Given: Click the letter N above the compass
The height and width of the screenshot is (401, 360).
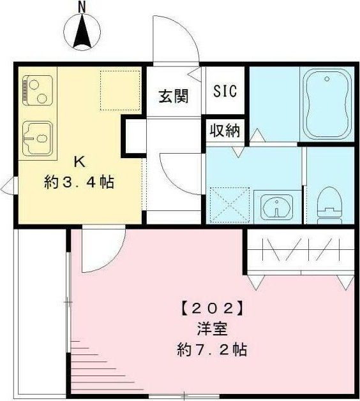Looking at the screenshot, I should [81, 6].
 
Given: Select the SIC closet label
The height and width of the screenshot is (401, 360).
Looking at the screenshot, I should [225, 91].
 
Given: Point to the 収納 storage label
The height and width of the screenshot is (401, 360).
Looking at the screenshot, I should [225, 131].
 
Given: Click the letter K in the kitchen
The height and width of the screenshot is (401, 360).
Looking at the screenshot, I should [80, 160].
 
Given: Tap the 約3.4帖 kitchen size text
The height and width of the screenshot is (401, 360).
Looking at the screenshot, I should [79, 182].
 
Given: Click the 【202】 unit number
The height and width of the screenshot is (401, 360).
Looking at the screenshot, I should [213, 310].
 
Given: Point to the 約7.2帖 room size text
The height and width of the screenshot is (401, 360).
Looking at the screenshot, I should [213, 350].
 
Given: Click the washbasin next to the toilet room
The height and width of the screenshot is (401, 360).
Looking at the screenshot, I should [276, 206].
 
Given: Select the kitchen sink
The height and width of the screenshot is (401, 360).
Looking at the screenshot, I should [38, 136].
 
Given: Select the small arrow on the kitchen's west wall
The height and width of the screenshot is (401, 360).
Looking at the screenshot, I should [8, 187].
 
